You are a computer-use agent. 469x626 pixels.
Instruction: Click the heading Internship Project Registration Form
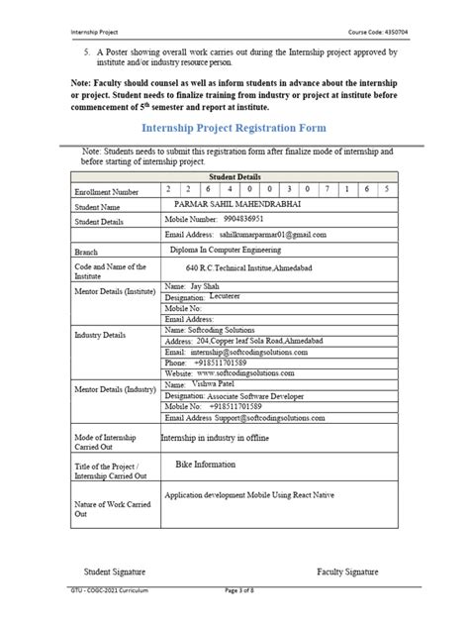(x=234, y=129)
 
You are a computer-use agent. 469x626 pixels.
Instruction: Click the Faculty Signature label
(x=347, y=572)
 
